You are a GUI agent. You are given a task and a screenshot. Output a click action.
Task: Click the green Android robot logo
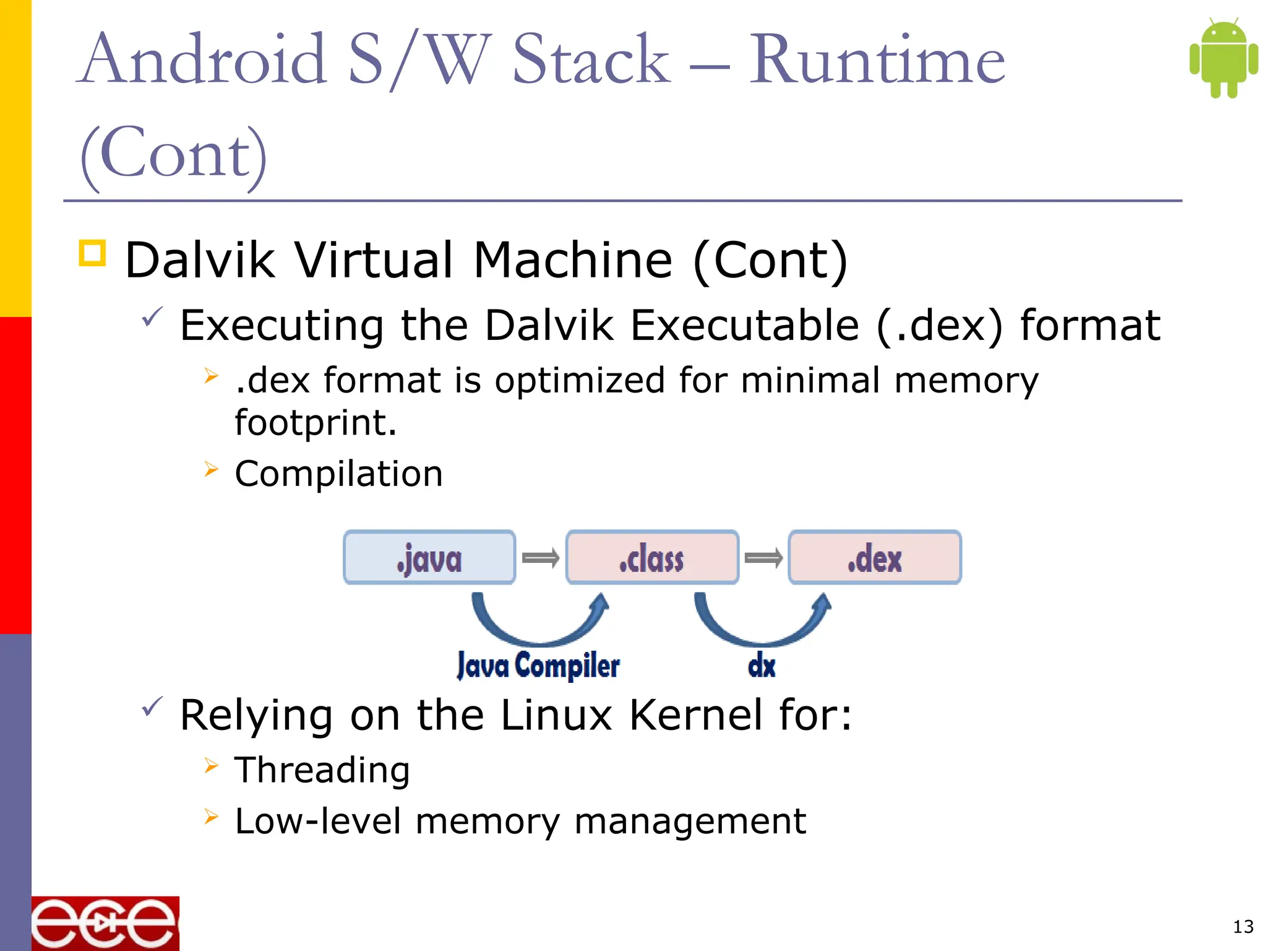1223,58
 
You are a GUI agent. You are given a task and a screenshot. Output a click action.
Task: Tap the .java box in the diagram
429,557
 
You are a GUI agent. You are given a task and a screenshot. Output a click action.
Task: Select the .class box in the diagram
652,557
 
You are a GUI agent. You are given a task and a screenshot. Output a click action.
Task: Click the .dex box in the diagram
875,557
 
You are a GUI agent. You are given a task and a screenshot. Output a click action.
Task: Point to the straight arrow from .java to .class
541,558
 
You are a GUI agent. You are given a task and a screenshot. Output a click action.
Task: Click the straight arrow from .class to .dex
763,558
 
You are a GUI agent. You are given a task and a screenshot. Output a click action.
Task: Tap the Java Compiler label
538,666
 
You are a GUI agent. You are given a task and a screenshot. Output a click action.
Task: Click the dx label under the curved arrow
762,666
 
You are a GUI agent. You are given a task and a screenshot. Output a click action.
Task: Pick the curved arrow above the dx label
762,625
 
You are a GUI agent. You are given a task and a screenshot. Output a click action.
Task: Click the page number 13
1243,927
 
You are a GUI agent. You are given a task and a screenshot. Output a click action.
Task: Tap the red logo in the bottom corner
105,923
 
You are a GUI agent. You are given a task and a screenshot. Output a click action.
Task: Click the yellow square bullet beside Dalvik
93,253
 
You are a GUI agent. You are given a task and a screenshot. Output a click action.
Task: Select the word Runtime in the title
877,60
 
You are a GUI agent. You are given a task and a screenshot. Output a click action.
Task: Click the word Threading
322,770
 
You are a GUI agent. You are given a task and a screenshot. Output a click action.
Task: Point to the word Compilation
338,474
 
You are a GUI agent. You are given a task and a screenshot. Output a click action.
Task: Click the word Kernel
696,715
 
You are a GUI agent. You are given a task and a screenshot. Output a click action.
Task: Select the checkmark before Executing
152,317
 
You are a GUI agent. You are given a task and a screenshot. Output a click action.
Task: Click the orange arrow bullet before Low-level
212,817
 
